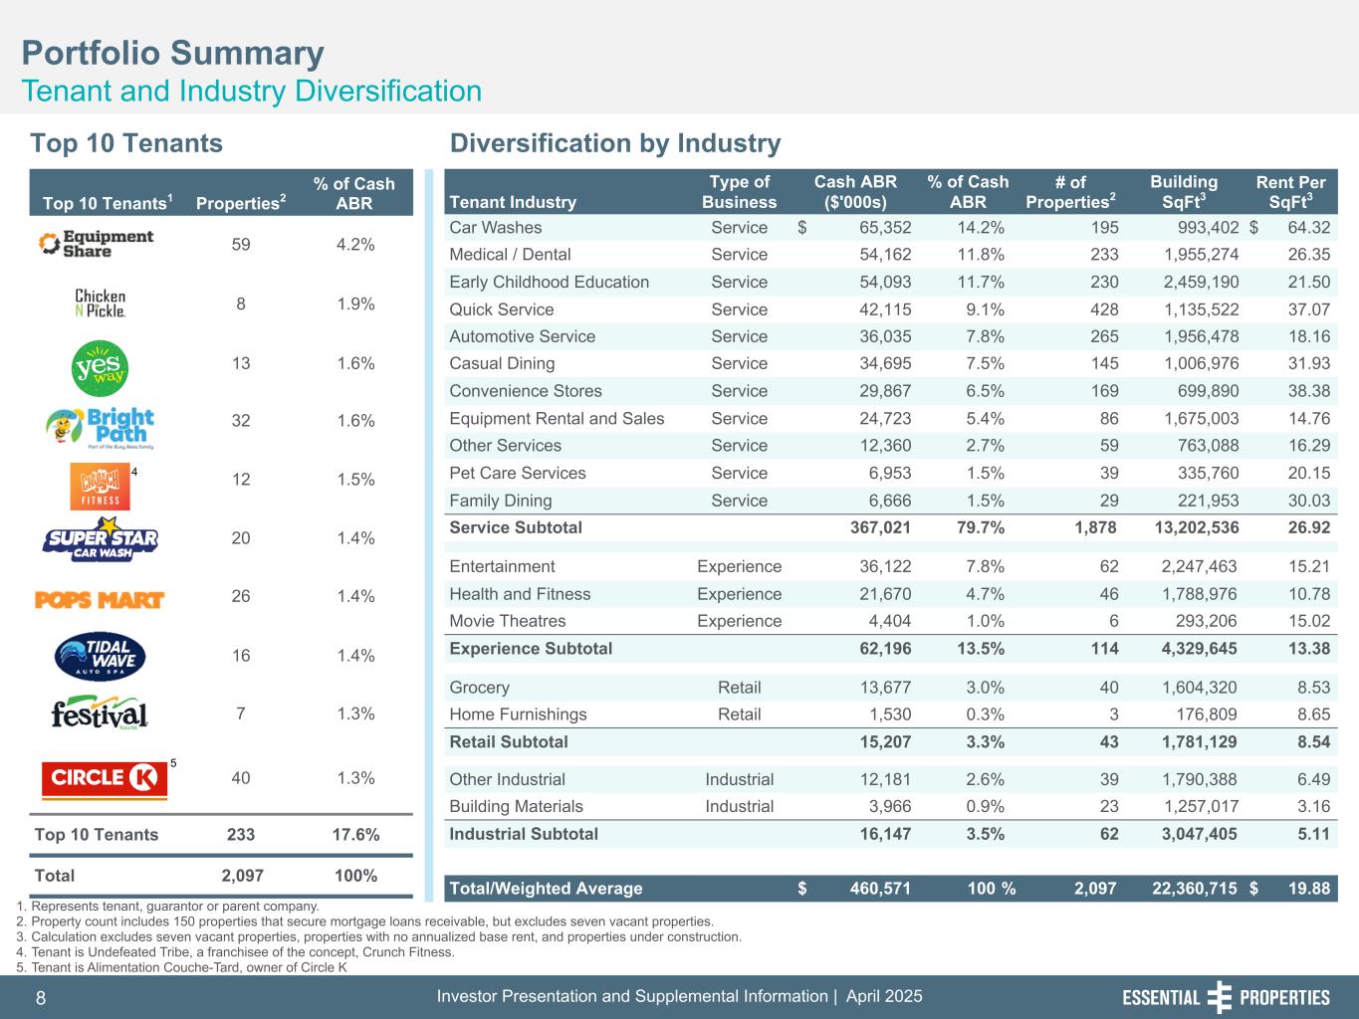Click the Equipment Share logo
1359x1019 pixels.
(96, 244)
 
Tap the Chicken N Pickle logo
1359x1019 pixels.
(101, 304)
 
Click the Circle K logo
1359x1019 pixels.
(104, 778)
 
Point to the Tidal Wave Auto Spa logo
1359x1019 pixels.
(101, 656)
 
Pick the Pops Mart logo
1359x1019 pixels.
(100, 598)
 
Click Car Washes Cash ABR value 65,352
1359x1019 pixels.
(884, 228)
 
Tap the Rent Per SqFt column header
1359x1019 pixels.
(1290, 192)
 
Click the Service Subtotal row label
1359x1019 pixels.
(516, 527)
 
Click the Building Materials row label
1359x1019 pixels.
(516, 806)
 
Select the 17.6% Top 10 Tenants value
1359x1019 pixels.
(354, 835)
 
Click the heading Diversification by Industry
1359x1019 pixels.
(615, 143)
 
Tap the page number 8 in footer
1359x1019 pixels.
(41, 998)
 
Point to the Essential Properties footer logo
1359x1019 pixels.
(1226, 998)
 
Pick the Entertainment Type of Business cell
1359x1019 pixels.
(739, 567)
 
